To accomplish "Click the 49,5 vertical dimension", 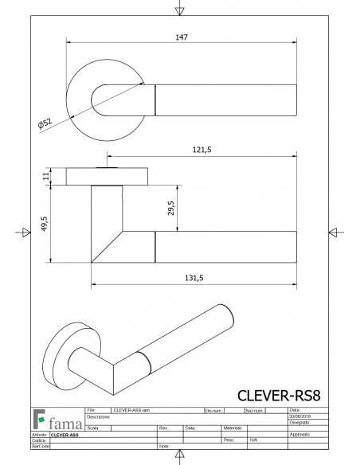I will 45,225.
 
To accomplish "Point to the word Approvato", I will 299,436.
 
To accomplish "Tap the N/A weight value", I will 253,439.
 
